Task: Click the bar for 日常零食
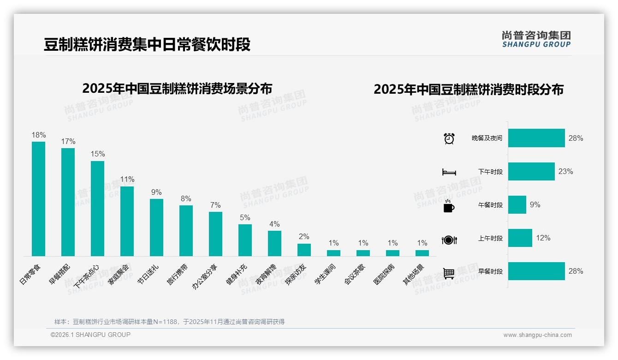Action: pos(38,198)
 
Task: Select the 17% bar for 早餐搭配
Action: pos(68,202)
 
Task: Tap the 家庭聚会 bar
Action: pos(127,221)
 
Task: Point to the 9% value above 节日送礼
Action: pos(156,192)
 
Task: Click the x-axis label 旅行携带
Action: pos(178,274)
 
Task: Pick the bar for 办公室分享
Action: pos(215,234)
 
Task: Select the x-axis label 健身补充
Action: pos(237,274)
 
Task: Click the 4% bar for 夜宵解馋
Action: pos(274,243)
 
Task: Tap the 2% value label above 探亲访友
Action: pos(304,237)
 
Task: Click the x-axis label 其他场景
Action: pos(414,274)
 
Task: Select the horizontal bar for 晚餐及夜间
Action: pos(536,138)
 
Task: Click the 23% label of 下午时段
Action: pos(565,171)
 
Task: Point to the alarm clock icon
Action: pos(449,138)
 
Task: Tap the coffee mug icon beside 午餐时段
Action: pos(449,205)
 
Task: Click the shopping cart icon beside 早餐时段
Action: pos(449,273)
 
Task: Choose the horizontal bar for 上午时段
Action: pos(520,238)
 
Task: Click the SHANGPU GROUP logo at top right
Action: pos(536,39)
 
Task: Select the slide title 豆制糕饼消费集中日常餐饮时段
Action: pos(147,45)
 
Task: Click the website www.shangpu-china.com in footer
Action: pos(537,335)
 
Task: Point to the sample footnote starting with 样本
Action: pos(169,322)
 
